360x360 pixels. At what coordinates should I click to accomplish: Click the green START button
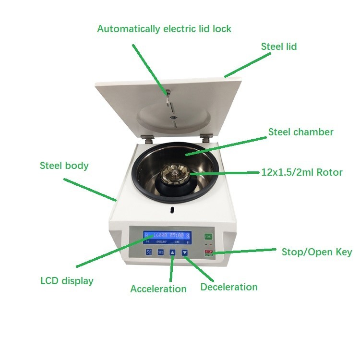[x=208, y=236]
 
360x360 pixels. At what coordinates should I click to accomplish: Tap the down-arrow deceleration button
[x=184, y=252]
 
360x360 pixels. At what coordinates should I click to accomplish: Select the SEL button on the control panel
[x=161, y=252]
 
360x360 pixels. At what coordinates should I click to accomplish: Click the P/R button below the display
[x=149, y=252]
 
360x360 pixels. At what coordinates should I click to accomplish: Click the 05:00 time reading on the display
[x=177, y=236]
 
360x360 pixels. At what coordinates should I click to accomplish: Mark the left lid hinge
[x=148, y=138]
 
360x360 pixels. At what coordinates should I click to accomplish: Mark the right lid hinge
[x=206, y=138]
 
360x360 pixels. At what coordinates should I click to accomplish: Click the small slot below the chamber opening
[x=171, y=209]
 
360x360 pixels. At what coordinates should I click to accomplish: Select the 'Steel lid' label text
[x=279, y=47]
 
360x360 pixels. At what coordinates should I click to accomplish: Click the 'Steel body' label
[x=64, y=166]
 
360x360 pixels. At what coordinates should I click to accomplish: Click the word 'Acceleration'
[x=158, y=288]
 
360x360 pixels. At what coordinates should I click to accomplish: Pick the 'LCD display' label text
[x=67, y=281]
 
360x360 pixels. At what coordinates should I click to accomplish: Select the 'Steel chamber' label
[x=300, y=132]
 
